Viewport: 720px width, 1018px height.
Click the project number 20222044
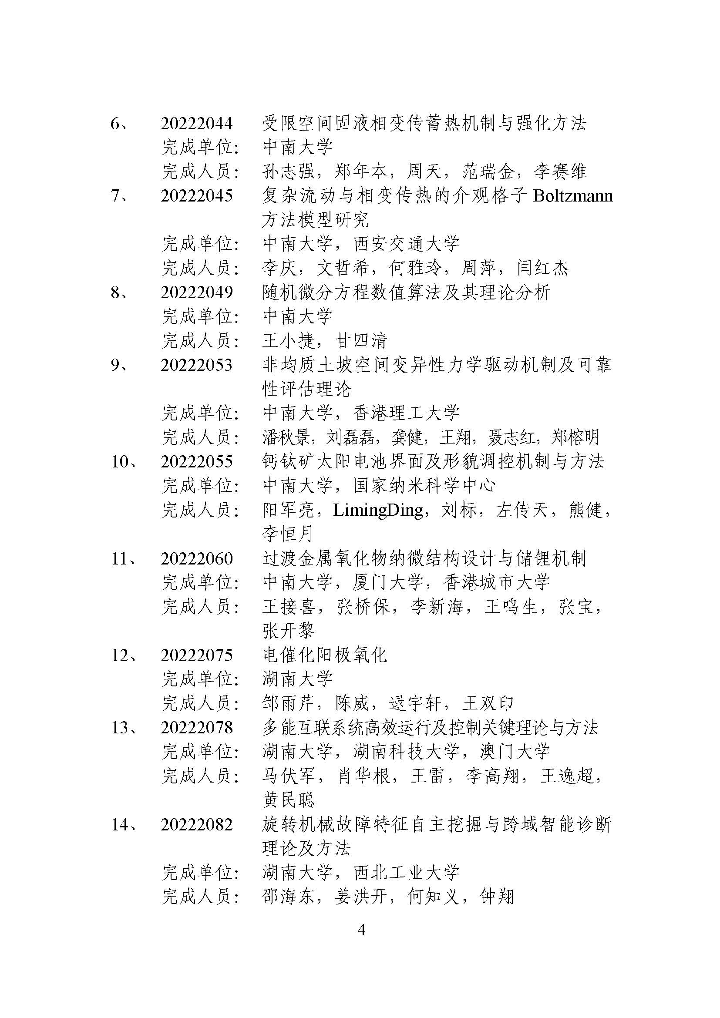(196, 123)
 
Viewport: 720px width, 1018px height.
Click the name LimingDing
(378, 511)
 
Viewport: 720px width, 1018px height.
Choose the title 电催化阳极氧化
(325, 655)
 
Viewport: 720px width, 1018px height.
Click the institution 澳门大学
(515, 752)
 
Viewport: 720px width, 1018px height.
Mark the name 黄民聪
(289, 800)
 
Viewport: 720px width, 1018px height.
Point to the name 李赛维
(560, 171)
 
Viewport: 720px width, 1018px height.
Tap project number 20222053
(196, 365)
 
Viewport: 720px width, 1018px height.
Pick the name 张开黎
(289, 631)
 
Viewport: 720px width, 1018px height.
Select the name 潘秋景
(288, 437)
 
